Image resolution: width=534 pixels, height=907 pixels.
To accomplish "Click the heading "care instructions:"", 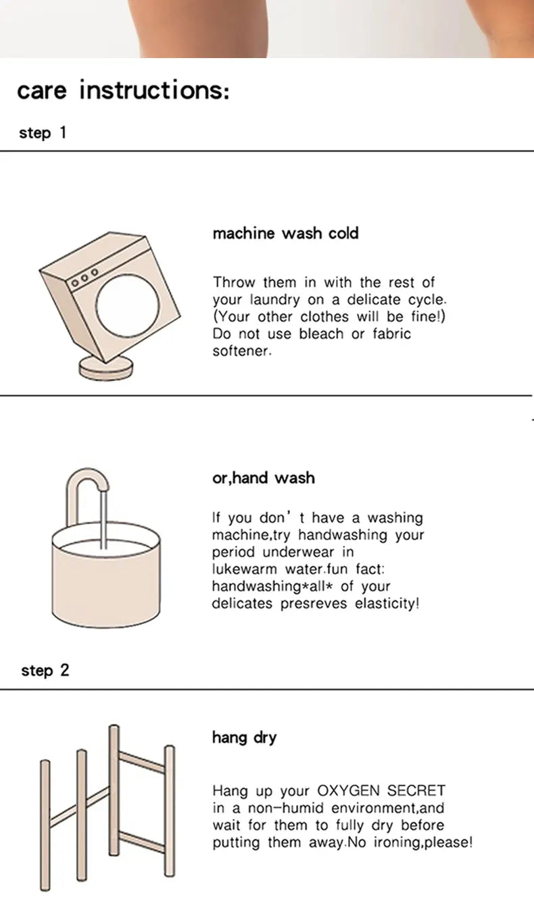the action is click(x=123, y=90).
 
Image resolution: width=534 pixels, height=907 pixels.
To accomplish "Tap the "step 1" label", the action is click(x=43, y=133).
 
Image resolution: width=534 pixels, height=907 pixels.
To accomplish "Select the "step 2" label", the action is click(x=45, y=671).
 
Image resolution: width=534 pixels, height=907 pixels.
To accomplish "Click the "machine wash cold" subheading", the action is click(x=286, y=233).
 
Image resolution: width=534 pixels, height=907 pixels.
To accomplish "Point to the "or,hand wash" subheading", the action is click(x=264, y=478).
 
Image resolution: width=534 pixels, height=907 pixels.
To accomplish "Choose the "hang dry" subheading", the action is click(x=244, y=737).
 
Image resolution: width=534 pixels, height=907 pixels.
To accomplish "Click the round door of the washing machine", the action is click(x=127, y=306).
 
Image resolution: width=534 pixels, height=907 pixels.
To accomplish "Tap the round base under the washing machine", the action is click(x=105, y=369).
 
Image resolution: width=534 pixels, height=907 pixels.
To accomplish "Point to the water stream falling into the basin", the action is click(x=103, y=519).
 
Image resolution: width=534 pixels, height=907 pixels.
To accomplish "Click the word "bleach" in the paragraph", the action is click(x=321, y=334).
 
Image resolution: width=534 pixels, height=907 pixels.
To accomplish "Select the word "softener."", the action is click(x=242, y=351).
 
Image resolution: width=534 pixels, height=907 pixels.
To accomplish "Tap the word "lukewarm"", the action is click(x=244, y=569).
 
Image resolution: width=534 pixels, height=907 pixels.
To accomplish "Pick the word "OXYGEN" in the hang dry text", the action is click(x=348, y=790).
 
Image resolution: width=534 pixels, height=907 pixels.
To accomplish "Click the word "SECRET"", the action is click(x=416, y=790).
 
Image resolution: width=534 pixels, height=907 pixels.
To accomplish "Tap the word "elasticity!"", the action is click(x=387, y=604).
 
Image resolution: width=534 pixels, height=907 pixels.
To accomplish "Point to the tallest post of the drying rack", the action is click(x=114, y=790).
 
